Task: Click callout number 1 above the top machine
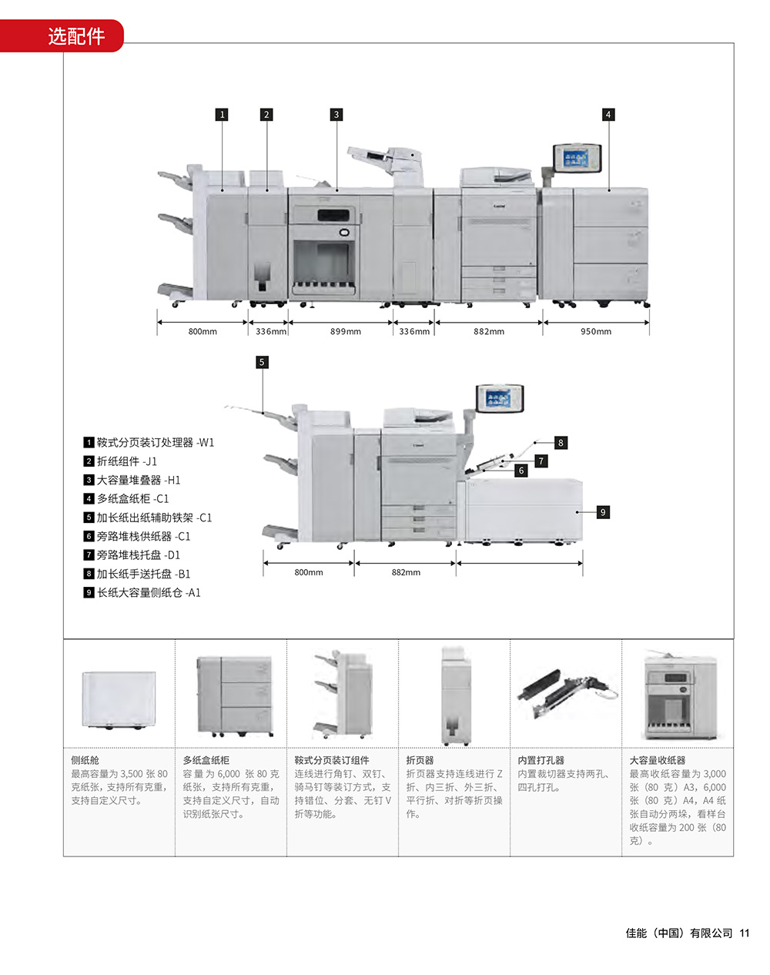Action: tap(223, 115)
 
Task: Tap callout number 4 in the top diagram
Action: tap(608, 115)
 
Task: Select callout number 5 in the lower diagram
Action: tap(262, 362)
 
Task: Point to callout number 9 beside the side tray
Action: tap(603, 512)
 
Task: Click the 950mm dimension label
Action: tap(596, 332)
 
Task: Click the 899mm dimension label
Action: tap(346, 332)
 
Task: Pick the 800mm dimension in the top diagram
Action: tap(203, 332)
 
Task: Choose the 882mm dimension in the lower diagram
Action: tap(406, 573)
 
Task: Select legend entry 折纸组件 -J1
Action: tap(126, 461)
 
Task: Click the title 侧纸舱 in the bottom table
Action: tap(85, 760)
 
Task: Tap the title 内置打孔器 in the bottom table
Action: tap(541, 760)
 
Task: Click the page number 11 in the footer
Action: tap(744, 933)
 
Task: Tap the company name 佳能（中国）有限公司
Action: tap(679, 933)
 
